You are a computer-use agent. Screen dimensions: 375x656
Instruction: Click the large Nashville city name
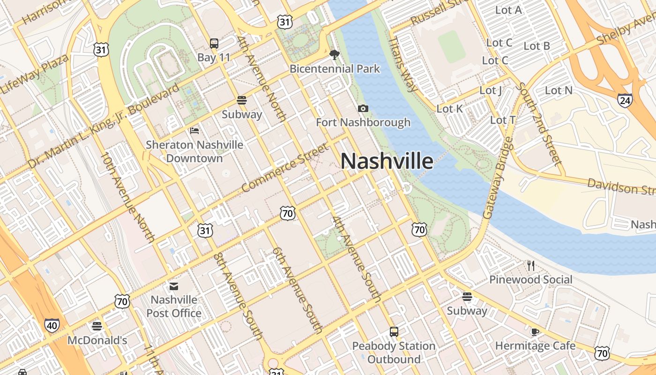[x=387, y=161]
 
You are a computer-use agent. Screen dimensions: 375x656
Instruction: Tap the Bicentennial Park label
[x=335, y=69]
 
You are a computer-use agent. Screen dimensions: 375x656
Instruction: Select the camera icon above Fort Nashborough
[x=363, y=109]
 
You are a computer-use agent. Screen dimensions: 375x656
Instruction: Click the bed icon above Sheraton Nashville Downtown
[x=194, y=130]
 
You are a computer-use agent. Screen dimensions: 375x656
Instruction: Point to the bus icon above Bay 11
[x=214, y=44]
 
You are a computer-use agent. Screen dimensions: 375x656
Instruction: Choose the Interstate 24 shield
[x=625, y=100]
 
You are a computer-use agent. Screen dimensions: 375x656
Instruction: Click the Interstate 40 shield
[x=52, y=325]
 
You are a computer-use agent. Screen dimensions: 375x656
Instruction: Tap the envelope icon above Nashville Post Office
[x=174, y=286]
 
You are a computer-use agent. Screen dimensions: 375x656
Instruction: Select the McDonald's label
[x=97, y=340]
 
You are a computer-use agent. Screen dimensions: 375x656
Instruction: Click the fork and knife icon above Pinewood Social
[x=531, y=266]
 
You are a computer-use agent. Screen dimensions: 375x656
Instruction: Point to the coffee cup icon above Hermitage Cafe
[x=535, y=332]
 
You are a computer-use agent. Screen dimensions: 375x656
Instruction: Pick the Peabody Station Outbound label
[x=394, y=352]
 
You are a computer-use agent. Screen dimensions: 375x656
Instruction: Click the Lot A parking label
[x=508, y=10]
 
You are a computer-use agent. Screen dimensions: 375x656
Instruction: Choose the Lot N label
[x=559, y=90]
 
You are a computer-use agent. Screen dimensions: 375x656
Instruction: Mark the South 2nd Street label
[x=538, y=124]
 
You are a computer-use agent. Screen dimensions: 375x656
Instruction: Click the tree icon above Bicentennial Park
[x=334, y=55]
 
